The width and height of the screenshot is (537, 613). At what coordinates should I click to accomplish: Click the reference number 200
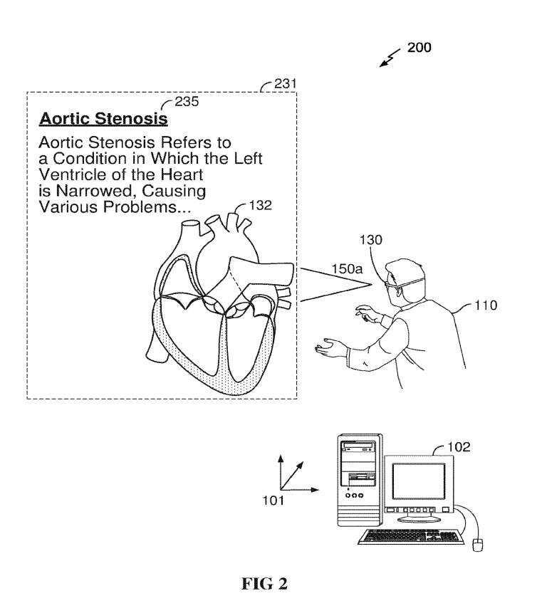(x=419, y=48)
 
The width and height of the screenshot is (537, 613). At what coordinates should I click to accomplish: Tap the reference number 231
(x=285, y=84)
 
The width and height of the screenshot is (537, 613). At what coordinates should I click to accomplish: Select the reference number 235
(x=187, y=102)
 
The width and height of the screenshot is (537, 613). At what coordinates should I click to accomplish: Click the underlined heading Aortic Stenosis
(x=104, y=119)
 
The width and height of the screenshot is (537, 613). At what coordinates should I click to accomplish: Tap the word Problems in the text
(x=146, y=206)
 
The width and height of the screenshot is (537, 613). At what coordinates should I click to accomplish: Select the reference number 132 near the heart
(x=260, y=206)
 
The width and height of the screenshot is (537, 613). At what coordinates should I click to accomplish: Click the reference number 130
(x=371, y=240)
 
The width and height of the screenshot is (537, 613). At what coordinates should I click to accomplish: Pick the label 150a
(x=348, y=269)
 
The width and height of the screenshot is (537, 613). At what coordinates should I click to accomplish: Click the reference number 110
(x=486, y=305)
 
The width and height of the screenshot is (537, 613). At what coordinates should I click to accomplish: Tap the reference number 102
(x=459, y=447)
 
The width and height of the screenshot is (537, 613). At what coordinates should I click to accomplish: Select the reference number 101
(x=273, y=501)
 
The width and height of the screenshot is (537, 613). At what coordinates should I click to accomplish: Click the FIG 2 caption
(x=264, y=584)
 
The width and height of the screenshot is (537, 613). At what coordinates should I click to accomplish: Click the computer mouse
(x=478, y=545)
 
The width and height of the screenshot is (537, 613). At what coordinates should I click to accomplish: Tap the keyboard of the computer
(x=411, y=536)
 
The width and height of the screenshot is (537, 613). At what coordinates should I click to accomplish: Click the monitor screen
(x=419, y=481)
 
